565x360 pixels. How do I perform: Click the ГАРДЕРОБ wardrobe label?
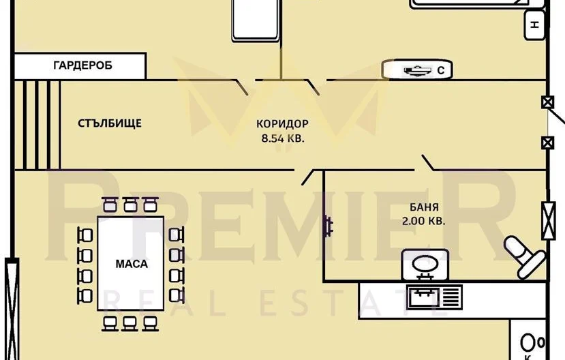point(82,65)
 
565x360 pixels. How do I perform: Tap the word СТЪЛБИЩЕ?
point(110,123)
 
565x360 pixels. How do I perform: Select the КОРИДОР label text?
point(282,123)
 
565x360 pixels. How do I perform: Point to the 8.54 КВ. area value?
point(283,138)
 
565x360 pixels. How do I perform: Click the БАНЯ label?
point(424,207)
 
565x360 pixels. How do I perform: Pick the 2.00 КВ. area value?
point(423,220)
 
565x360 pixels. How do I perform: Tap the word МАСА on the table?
point(132,264)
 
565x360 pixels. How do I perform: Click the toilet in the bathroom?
point(524,256)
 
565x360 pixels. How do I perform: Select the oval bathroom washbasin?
point(425,265)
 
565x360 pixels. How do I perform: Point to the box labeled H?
point(534,25)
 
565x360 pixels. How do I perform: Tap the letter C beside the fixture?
point(441,70)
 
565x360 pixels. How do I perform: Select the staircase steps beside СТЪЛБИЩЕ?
point(37,125)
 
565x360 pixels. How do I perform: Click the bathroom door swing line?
point(428,162)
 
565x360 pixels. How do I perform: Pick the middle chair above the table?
point(129,205)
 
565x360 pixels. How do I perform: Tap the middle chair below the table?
point(129,323)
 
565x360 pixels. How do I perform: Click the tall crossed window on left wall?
point(12,309)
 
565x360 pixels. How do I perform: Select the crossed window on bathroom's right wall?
point(548,220)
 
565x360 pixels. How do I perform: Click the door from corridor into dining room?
point(307,177)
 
